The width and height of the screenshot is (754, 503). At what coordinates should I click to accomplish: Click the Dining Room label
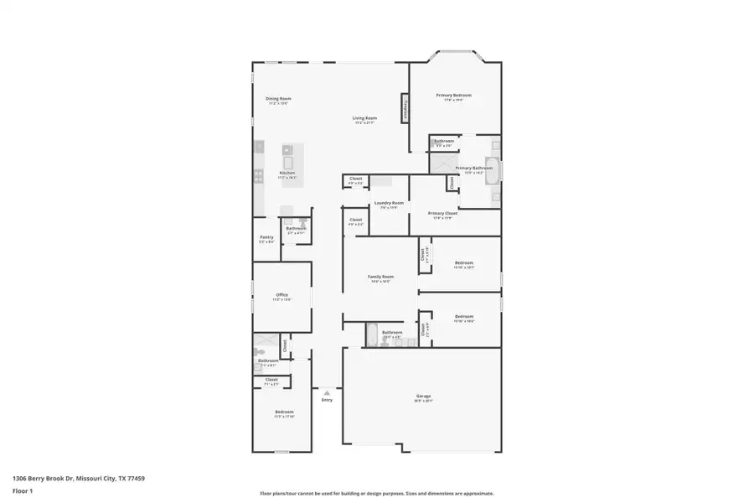click(x=278, y=99)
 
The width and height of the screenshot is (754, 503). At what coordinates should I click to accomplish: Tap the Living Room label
click(x=364, y=118)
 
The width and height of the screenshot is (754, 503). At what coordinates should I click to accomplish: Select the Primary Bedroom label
click(x=453, y=96)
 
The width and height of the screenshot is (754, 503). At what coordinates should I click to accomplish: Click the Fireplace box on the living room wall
click(x=405, y=110)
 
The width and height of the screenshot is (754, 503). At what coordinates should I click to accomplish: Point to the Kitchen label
click(x=287, y=174)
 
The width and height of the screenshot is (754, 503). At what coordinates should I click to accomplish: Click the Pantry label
click(x=266, y=237)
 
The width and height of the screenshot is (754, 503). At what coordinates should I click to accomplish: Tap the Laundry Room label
click(x=389, y=203)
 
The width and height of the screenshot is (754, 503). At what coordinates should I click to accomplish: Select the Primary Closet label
click(x=442, y=214)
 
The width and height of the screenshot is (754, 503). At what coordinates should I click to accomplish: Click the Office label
click(x=282, y=295)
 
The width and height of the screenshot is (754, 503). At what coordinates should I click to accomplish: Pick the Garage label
click(x=423, y=396)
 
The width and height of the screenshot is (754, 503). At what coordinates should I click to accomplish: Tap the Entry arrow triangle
click(x=327, y=392)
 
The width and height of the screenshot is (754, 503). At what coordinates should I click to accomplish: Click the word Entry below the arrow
click(x=327, y=400)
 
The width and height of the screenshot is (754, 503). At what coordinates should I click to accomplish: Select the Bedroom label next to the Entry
click(x=284, y=412)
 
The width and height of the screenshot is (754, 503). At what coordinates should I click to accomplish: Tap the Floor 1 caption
click(x=22, y=490)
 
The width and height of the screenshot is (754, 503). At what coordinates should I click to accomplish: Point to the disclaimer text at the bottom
click(x=376, y=494)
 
